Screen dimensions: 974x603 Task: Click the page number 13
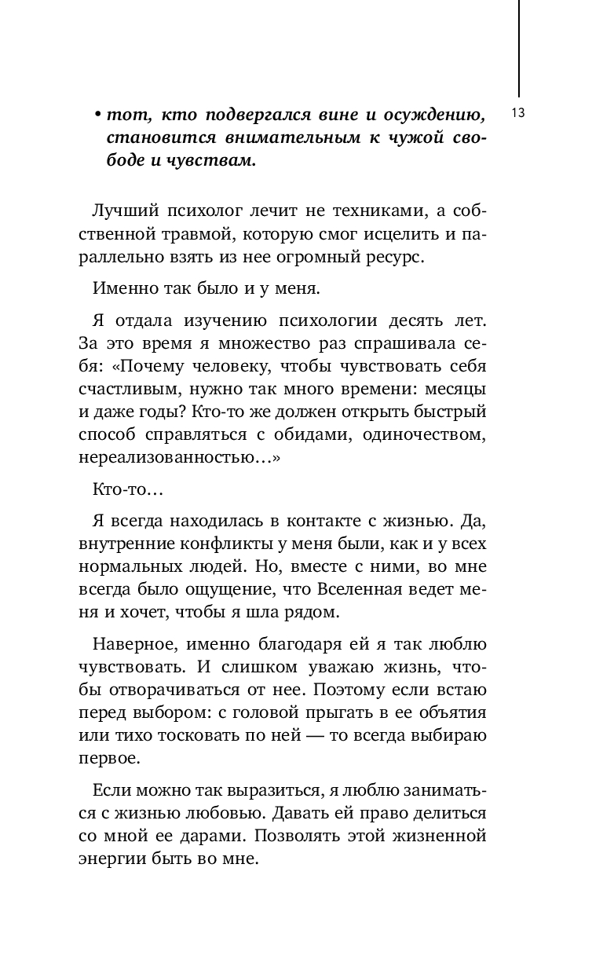pyautogui.click(x=518, y=113)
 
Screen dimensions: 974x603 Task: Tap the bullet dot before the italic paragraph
pyautogui.click(x=97, y=116)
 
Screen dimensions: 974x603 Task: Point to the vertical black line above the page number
pyautogui.click(x=519, y=47)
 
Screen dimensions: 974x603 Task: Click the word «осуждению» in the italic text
pyautogui.click(x=436, y=115)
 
